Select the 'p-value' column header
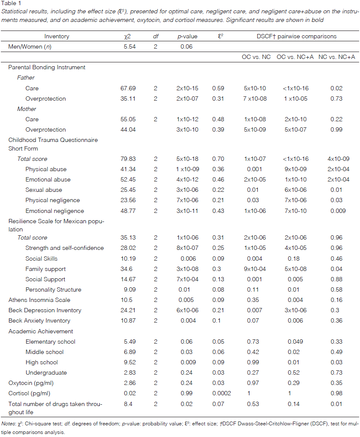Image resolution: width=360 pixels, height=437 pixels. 188,37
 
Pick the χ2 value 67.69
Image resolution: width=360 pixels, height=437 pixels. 129,88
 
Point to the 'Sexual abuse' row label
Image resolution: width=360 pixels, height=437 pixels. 43,190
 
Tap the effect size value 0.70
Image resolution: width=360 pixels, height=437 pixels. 218,159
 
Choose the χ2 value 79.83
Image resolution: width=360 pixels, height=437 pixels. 129,159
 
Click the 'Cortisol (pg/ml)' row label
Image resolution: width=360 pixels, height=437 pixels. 28,393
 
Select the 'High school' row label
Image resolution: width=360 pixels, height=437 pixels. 41,362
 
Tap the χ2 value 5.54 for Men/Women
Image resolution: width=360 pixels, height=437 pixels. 129,47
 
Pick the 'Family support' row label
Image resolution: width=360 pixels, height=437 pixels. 46,269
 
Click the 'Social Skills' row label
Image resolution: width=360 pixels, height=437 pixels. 41,259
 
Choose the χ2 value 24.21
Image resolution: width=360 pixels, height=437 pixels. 129,310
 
